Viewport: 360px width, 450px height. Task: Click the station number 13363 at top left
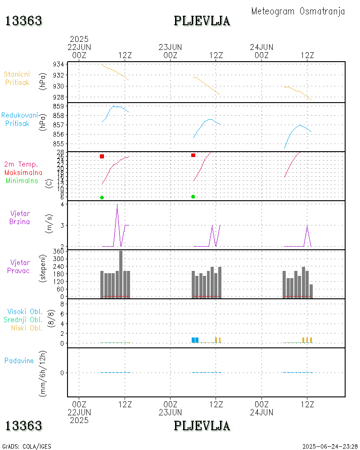coord(24,21)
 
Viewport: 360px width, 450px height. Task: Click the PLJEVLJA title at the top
coord(202,21)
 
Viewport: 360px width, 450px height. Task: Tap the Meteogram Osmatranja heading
coord(298,11)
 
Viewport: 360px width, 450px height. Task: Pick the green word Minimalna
coord(22,180)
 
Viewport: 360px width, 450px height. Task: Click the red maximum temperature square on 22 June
coord(102,156)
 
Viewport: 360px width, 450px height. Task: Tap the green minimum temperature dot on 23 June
coord(193,197)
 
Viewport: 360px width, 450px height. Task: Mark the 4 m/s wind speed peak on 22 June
coord(117,204)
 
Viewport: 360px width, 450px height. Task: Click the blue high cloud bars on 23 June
coord(195,340)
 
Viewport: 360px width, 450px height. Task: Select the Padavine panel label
coord(19,360)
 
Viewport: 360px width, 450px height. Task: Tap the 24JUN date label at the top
coord(261,47)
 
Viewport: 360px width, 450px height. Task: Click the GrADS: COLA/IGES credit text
coord(27,446)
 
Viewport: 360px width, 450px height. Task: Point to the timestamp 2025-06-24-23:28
coord(330,446)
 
